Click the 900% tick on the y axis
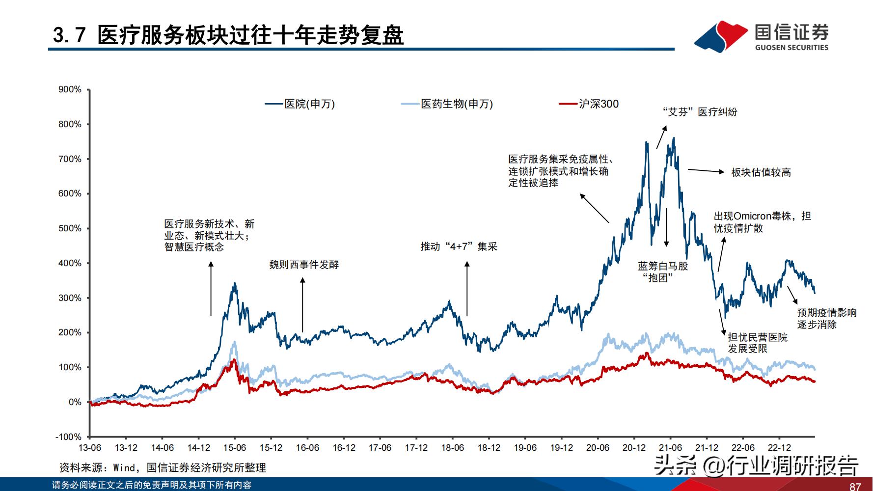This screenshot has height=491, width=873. point(70,89)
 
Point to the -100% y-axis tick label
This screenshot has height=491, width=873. point(69,437)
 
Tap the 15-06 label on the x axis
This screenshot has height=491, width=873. point(235,448)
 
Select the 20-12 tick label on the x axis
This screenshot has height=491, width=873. point(634,448)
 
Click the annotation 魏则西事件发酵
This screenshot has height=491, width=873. point(304,265)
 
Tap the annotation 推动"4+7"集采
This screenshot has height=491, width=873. point(459,246)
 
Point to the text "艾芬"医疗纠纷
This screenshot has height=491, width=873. point(700,112)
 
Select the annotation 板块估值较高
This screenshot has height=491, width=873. point(761,172)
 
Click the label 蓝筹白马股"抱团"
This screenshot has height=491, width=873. point(663,272)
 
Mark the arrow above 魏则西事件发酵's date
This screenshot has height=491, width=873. point(302,304)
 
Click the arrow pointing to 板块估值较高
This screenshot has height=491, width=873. point(706,171)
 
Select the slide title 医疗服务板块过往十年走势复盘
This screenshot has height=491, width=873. point(250,35)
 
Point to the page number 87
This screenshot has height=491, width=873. point(855,486)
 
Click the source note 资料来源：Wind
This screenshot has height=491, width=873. point(163,467)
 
